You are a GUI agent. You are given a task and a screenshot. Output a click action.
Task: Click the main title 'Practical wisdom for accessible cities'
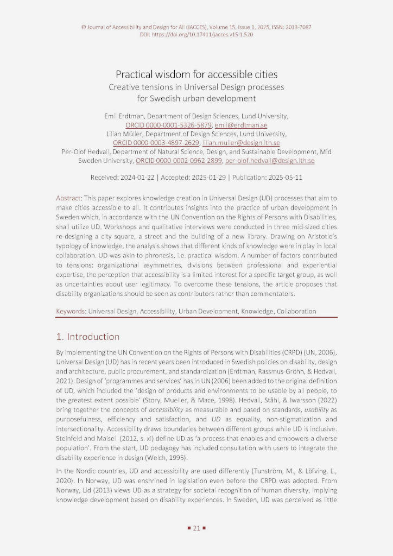click(x=196, y=74)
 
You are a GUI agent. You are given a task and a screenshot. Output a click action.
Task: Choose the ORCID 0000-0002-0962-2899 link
click(x=179, y=161)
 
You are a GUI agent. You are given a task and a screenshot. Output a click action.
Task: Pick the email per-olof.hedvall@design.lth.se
click(x=270, y=161)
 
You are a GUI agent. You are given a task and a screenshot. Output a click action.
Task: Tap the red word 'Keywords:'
click(x=72, y=312)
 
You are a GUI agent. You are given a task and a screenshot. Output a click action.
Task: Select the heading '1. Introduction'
click(x=88, y=337)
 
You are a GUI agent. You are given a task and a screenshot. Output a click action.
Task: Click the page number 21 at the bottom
click(x=196, y=527)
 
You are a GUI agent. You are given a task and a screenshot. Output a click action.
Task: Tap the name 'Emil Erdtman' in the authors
click(x=124, y=116)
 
